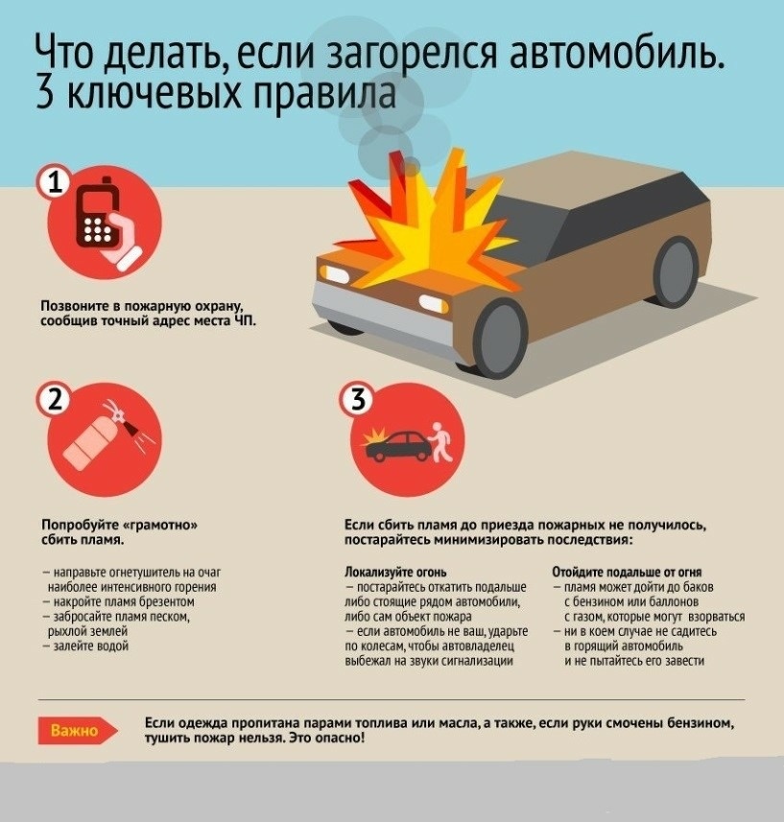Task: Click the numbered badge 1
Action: tap(55, 183)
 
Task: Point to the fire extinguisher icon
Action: tap(104, 435)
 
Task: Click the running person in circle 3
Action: tap(441, 442)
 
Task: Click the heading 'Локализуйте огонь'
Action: tap(395, 572)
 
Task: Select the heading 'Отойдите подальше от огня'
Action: tap(627, 572)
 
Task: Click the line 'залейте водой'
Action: tap(86, 646)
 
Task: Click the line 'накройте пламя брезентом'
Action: tap(119, 601)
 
